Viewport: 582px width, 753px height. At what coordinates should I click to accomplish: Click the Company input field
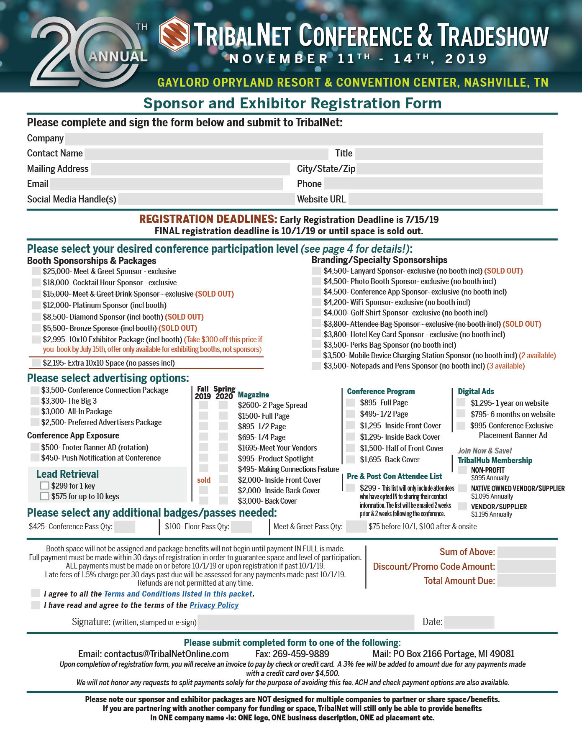304,139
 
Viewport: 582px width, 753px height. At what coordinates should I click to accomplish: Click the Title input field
449,154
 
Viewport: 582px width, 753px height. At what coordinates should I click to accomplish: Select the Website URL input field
445,200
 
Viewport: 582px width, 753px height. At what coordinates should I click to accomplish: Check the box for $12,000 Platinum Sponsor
36,305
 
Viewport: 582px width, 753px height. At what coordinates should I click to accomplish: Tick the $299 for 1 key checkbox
45,486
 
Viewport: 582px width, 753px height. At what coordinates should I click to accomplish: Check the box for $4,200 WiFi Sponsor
316,302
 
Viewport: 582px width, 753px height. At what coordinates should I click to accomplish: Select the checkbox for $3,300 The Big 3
35,401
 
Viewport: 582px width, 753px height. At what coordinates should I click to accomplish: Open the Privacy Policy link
214,605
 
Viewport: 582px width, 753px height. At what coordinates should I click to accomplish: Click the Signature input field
306,622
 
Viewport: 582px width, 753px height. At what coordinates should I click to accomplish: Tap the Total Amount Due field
526,581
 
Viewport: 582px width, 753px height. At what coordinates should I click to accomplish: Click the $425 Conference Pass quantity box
125,527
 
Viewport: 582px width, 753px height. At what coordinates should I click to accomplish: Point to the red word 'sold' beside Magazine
204,480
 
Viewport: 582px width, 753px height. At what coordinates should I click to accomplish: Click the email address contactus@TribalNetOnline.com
166,654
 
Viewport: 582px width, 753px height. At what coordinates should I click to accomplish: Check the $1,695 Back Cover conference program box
350,460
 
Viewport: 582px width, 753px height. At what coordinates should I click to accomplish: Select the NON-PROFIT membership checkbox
462,470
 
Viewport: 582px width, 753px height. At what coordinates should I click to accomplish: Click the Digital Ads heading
476,392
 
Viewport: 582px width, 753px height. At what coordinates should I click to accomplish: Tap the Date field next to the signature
469,622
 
